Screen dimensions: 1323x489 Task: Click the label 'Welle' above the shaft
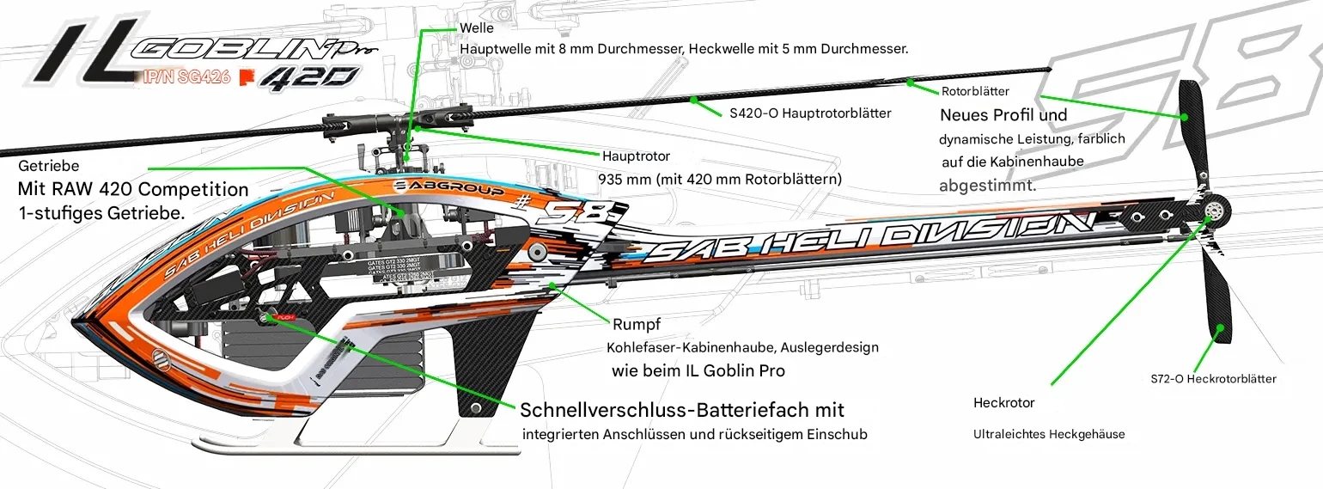coord(476,28)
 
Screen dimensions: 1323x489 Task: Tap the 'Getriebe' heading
coord(48,166)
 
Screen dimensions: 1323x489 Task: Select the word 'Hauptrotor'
coord(636,156)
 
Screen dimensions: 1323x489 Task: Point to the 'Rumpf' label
coord(636,324)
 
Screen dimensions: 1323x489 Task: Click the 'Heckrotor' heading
coord(1003,403)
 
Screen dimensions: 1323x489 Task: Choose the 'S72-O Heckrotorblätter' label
coord(1213,379)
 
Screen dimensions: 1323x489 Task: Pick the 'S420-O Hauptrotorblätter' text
coord(810,113)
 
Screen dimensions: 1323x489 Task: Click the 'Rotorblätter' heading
coord(975,92)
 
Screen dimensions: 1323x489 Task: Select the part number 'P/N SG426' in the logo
coord(186,76)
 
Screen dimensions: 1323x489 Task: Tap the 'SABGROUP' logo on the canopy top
coord(448,188)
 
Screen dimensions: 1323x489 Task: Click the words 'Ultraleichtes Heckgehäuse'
coord(1049,435)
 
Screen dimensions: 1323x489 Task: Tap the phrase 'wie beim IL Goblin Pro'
coord(698,371)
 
